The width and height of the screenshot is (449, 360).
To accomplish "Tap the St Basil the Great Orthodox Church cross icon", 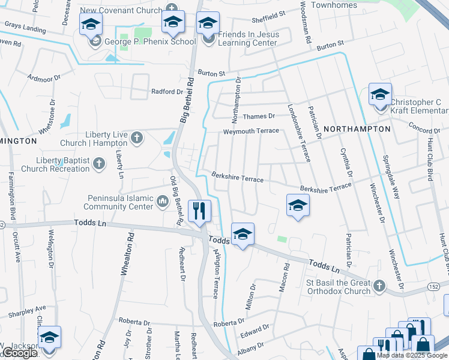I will point(379,286).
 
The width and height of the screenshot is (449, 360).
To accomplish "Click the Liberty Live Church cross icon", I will point(136,139).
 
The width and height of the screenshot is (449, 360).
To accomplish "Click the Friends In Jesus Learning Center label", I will point(248,38).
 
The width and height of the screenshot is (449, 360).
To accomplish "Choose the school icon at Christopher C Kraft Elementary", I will point(380,94).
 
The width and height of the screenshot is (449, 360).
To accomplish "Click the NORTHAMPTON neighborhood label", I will point(357,129).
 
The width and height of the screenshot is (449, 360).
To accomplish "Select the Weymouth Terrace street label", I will point(251,131).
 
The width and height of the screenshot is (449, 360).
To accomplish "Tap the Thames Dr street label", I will point(259,116).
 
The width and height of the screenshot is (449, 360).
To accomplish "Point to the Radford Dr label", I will point(167,91).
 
